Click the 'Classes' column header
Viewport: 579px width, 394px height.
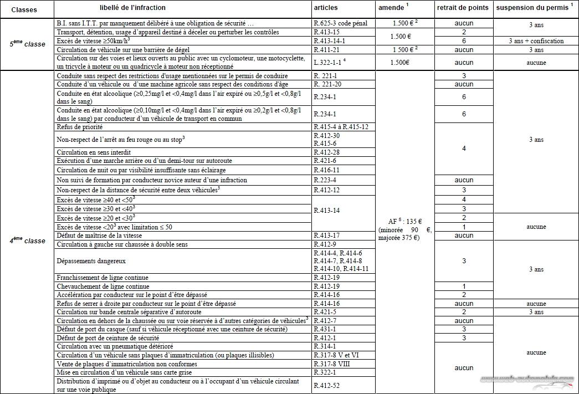point(24,9)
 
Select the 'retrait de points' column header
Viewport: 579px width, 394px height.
point(463,8)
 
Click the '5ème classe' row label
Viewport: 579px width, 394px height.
point(28,44)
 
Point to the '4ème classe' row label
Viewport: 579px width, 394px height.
point(28,241)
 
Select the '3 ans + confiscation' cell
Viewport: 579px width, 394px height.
point(536,41)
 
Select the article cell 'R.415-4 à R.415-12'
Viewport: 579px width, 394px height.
point(341,127)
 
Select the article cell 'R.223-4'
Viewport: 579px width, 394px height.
point(327,180)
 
